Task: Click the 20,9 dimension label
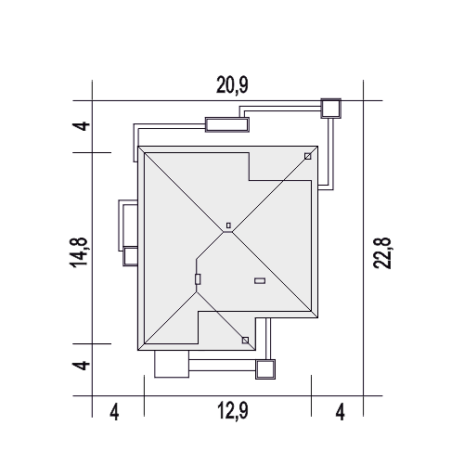[232, 85]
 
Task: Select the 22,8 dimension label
[382, 253]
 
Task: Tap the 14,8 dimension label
[79, 252]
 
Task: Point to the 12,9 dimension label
[233, 411]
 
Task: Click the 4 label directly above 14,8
[81, 126]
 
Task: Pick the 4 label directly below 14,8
[81, 365]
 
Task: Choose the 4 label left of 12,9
[114, 412]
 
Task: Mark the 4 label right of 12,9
[341, 412]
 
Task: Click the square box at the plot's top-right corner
[331, 109]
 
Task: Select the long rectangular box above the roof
[227, 124]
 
